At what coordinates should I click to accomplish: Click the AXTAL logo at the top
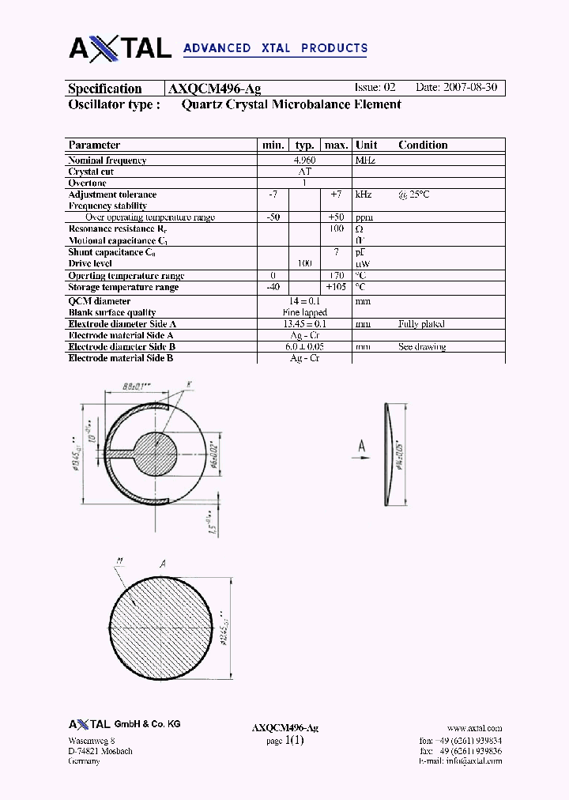click(x=120, y=48)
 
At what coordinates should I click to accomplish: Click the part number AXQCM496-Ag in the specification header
click(x=215, y=89)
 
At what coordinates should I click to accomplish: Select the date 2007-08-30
click(x=469, y=88)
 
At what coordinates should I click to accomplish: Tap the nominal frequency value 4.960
click(x=304, y=160)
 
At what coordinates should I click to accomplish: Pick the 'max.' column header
click(x=337, y=145)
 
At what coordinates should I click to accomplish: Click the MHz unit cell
click(x=365, y=160)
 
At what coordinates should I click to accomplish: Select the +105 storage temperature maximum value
click(x=336, y=287)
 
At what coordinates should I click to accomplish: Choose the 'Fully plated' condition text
click(x=421, y=324)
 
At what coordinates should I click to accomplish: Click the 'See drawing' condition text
click(x=422, y=347)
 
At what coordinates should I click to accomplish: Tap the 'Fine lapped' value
click(x=304, y=312)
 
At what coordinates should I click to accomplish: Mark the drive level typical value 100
click(x=304, y=263)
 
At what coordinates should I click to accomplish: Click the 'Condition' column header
click(x=423, y=145)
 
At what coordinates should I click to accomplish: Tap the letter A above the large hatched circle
click(x=162, y=564)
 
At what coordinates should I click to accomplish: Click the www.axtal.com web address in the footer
click(x=474, y=728)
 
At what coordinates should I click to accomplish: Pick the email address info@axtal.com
click(x=472, y=761)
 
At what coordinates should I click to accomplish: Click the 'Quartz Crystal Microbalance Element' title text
click(x=291, y=104)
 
